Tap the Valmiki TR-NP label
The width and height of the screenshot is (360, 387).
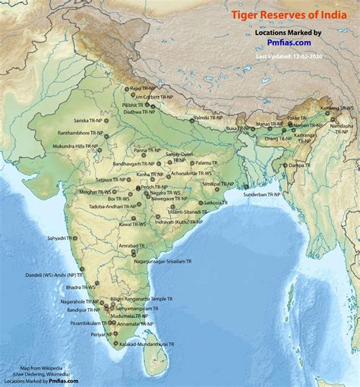coord(207,118)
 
